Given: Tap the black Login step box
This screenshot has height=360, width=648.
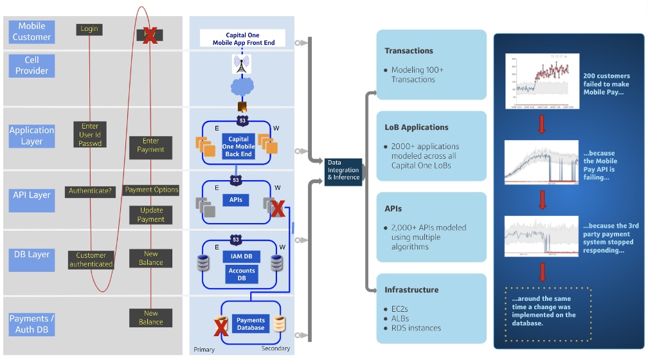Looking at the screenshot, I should tap(89, 29).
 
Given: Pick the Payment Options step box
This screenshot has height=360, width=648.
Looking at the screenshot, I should tap(152, 190).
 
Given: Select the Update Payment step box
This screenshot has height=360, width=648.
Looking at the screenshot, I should tap(151, 215).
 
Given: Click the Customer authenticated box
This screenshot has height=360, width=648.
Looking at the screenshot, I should tap(91, 260).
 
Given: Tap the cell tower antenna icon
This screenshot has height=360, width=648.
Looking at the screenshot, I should tap(242, 64).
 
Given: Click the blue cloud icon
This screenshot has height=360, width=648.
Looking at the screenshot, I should tap(241, 88).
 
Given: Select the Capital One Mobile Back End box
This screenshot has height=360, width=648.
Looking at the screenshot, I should tap(239, 147).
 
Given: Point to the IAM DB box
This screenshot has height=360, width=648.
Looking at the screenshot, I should tap(242, 256).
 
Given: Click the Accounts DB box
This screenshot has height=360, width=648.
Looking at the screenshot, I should tap(242, 274).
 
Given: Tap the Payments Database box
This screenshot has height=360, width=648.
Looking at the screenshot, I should tap(251, 324).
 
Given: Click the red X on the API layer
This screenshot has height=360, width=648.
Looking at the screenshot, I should tap(278, 208).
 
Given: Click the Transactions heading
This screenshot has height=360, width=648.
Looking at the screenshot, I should tap(409, 51).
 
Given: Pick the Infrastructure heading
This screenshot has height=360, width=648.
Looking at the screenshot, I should tap(411, 290).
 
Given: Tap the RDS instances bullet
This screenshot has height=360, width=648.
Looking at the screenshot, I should tap(416, 328).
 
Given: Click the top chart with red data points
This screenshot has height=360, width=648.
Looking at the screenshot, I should tap(542, 81).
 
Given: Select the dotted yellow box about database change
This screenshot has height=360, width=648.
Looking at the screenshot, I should tap(548, 313).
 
